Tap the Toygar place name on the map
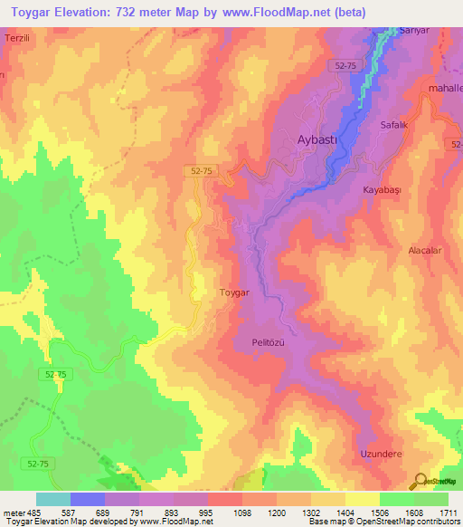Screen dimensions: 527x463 pyautogui.click(x=234, y=292)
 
